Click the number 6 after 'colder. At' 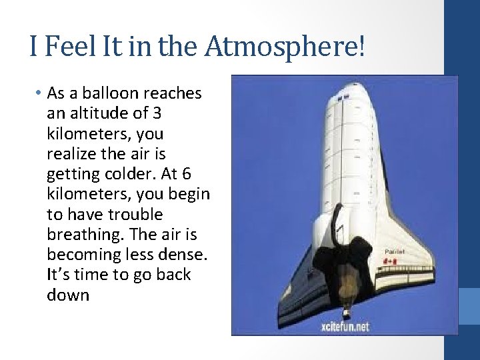186,174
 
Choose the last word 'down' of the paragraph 68,294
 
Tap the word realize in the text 71,154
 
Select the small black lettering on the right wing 395,251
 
